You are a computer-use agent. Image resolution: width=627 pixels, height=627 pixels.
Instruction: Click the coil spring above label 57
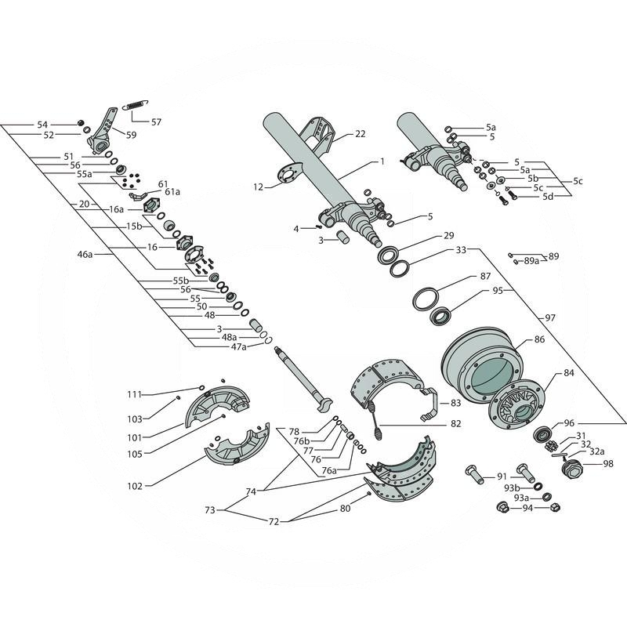pos(135,105)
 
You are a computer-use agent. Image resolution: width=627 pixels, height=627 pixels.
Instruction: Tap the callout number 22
pos(361,134)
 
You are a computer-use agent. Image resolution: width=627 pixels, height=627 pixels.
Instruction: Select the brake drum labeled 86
pos(481,364)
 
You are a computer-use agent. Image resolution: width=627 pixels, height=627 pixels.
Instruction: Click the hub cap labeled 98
pos(572,467)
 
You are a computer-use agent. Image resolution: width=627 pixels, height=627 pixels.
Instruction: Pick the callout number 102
pos(135,486)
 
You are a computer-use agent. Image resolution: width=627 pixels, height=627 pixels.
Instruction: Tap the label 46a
pos(85,254)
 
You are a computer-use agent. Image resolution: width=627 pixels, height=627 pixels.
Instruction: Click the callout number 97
pos(550,318)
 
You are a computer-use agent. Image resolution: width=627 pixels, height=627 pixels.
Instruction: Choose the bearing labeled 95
pos(440,316)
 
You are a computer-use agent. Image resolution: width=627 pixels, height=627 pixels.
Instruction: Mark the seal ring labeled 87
pos(426,299)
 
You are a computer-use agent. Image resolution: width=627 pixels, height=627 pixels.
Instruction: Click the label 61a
pos(172,192)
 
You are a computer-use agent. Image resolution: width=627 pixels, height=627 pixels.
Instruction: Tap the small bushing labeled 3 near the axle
pos(342,236)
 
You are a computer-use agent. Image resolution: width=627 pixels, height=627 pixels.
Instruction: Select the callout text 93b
pos(512,487)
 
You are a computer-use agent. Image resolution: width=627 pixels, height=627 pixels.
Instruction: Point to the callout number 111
pos(135,395)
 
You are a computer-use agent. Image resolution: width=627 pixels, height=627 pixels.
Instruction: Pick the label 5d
pos(548,197)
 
